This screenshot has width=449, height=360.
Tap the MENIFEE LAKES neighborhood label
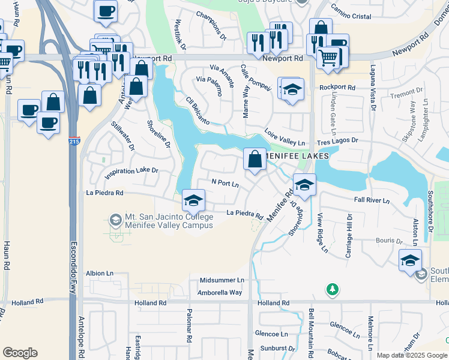297,155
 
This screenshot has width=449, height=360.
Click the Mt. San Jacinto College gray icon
114,220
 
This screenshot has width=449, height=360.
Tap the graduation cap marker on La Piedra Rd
193,200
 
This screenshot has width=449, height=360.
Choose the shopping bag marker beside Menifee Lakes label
255,160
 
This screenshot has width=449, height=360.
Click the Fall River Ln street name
372,200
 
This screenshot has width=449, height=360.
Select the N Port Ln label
225,182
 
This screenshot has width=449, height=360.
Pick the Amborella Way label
220,292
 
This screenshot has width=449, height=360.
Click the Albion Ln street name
100,273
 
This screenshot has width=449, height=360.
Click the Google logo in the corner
20,353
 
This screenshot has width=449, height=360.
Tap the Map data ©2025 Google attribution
412,355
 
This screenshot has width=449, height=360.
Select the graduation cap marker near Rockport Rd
292,89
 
